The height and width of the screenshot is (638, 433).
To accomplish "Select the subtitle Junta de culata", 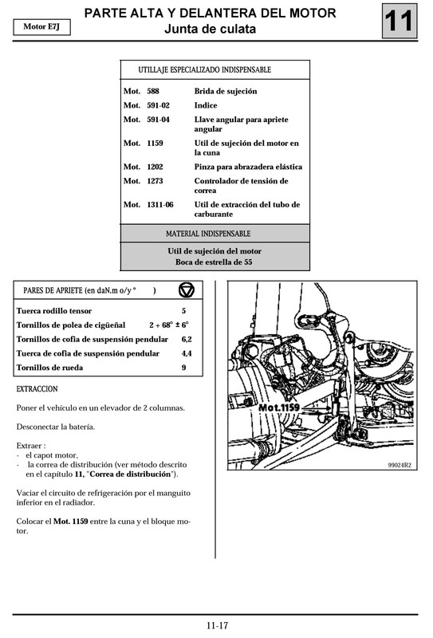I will (x=210, y=30).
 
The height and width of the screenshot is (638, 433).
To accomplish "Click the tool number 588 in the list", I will (x=153, y=91).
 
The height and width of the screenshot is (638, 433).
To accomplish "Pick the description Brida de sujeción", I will (x=226, y=91).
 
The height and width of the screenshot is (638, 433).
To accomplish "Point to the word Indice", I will (x=206, y=105).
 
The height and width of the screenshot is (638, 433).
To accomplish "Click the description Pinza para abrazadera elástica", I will (x=248, y=167).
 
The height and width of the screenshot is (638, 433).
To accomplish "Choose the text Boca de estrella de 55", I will (x=214, y=262).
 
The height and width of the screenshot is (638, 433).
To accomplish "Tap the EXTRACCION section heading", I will (x=37, y=389).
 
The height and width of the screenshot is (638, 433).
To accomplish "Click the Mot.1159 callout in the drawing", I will (x=279, y=408).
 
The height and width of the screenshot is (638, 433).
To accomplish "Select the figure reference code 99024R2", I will (x=400, y=466).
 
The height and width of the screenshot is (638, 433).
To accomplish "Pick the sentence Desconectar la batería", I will (x=56, y=427).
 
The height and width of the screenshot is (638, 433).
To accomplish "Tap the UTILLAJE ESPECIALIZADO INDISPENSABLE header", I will (x=204, y=69).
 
